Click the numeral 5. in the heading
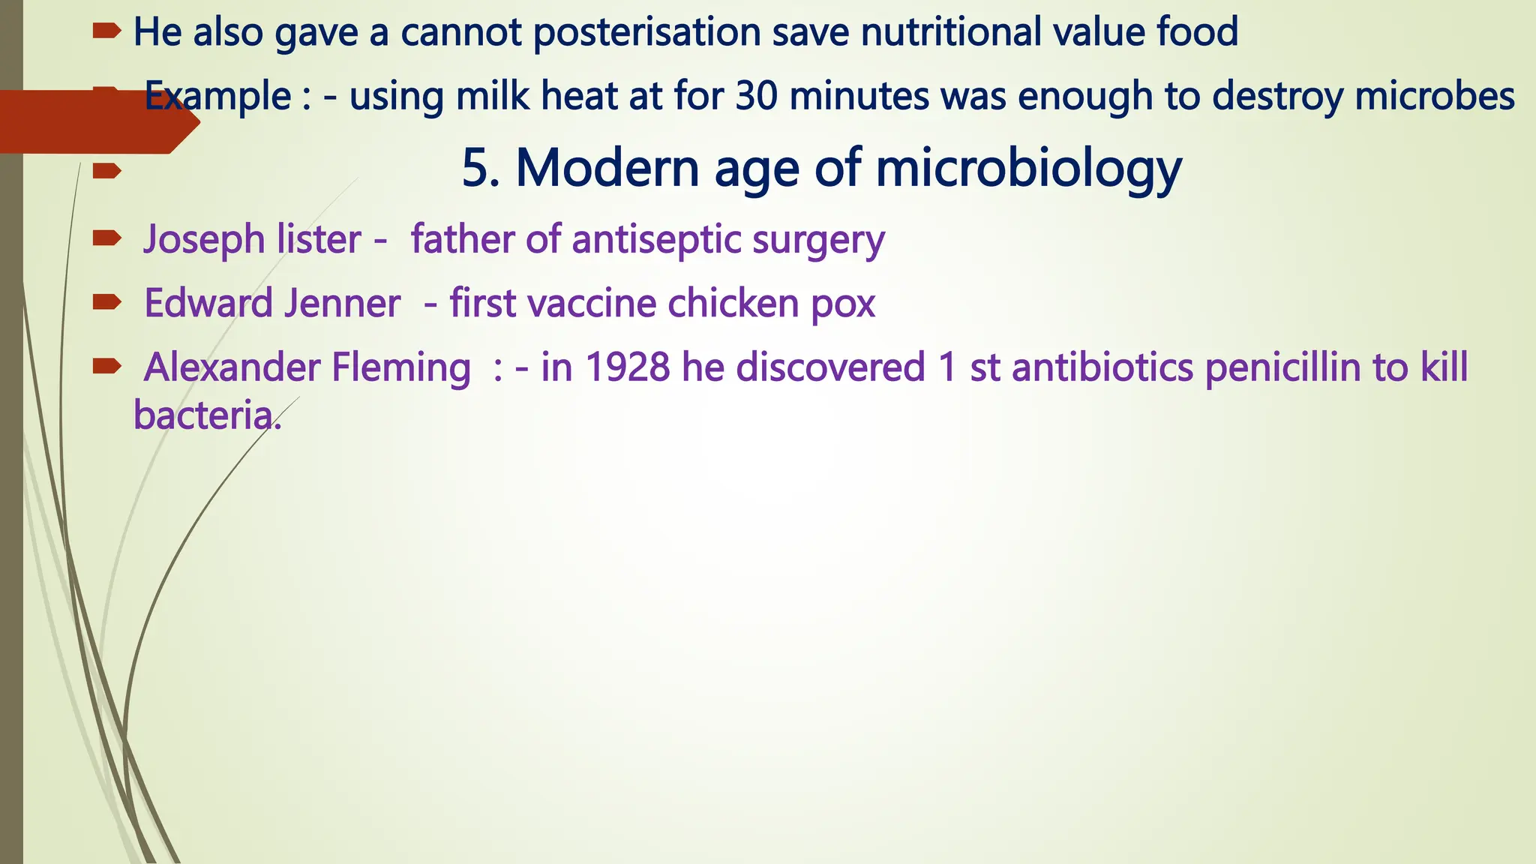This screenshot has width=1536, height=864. tap(481, 168)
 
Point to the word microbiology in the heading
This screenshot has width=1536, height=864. tap(1028, 168)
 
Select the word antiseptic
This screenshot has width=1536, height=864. tap(655, 240)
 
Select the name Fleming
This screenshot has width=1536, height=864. tap(400, 367)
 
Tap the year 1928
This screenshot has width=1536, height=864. tap(627, 367)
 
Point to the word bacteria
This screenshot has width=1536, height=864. tap(203, 415)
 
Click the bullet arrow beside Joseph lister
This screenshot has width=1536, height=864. tap(107, 238)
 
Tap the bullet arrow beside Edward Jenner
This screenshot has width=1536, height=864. tap(107, 302)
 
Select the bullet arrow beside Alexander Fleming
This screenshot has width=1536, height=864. tap(107, 366)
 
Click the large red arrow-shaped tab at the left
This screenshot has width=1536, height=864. tap(90, 122)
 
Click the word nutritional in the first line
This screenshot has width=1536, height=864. tap(950, 33)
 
